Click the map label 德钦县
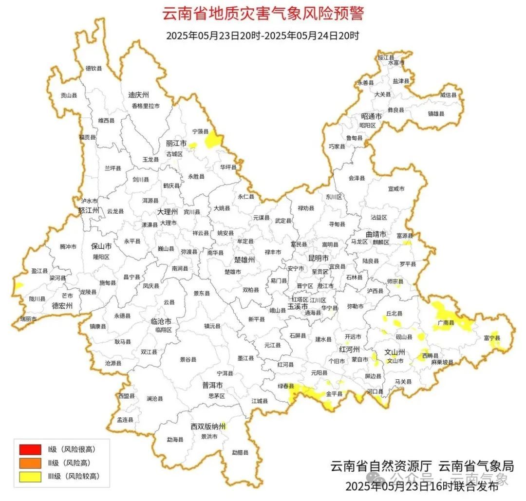coord(94,69)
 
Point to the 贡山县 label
coord(69,96)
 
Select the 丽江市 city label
coord(176,144)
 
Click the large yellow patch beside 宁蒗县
coord(212,140)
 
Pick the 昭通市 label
coord(371,116)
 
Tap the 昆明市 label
coord(319,257)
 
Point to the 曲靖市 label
coord(376,234)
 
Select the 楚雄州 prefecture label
coord(244,260)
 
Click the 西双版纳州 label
coord(208,427)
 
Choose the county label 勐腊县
coord(240,452)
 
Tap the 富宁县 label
coord(491,338)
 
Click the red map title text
coord(263,13)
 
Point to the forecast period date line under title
coord(263,36)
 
